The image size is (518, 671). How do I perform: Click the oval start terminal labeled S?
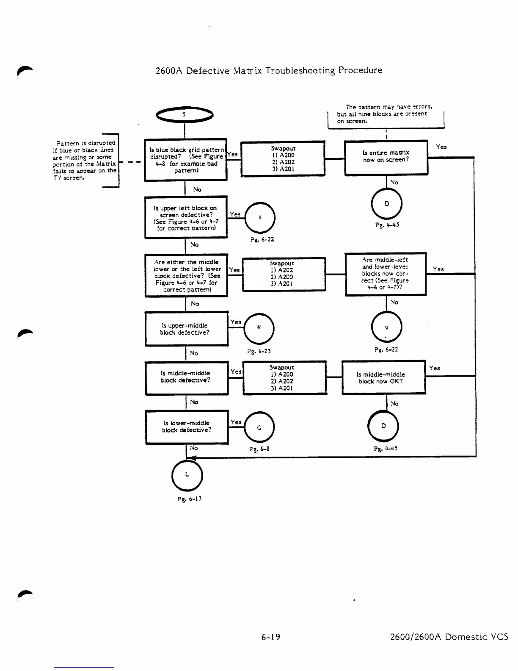pyautogui.click(x=185, y=114)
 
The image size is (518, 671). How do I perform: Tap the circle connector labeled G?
pyautogui.click(x=259, y=427)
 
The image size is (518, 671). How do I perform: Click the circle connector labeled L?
pyautogui.click(x=187, y=475)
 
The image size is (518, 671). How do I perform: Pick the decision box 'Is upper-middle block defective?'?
pyautogui.click(x=186, y=329)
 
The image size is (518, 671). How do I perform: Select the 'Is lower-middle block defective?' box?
pyautogui.click(x=187, y=427)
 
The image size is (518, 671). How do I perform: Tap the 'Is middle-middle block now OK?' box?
pyautogui.click(x=383, y=378)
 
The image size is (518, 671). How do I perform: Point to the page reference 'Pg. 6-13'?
pyautogui.click(x=189, y=499)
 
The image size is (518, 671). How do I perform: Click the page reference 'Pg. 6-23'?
pyautogui.click(x=259, y=351)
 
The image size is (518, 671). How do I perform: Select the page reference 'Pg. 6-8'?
pyautogui.click(x=259, y=449)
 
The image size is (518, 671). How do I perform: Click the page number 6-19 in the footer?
pyautogui.click(x=271, y=637)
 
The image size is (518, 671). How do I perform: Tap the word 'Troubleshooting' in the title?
pyautogui.click(x=300, y=70)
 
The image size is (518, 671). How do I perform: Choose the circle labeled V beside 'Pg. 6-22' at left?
pyautogui.click(x=260, y=218)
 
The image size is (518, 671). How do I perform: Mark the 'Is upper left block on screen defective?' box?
pyautogui.click(x=186, y=217)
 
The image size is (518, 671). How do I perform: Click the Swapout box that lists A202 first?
pyautogui.click(x=284, y=274)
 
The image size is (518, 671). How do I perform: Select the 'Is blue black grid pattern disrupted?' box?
pyautogui.click(x=186, y=160)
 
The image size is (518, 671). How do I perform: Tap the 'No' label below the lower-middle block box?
pyautogui.click(x=194, y=448)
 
